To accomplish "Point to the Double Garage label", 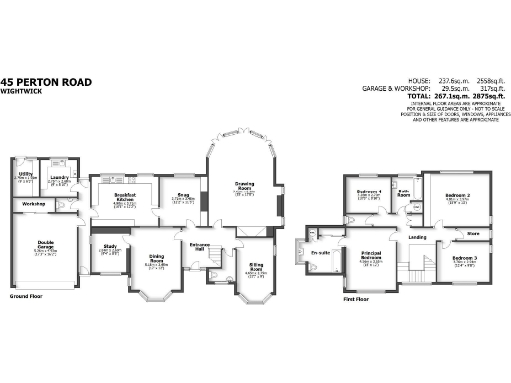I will pos(46,243).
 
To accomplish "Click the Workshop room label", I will pos(35,204).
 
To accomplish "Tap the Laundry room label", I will pos(59,178).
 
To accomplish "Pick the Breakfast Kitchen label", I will pos(125,197).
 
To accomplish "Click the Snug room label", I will pos(183,196).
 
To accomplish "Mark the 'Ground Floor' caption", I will pos(26,296).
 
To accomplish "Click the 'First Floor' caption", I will pos(357,298).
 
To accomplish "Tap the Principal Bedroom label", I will pos(375,256).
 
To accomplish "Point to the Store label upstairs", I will pos(473,234).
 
